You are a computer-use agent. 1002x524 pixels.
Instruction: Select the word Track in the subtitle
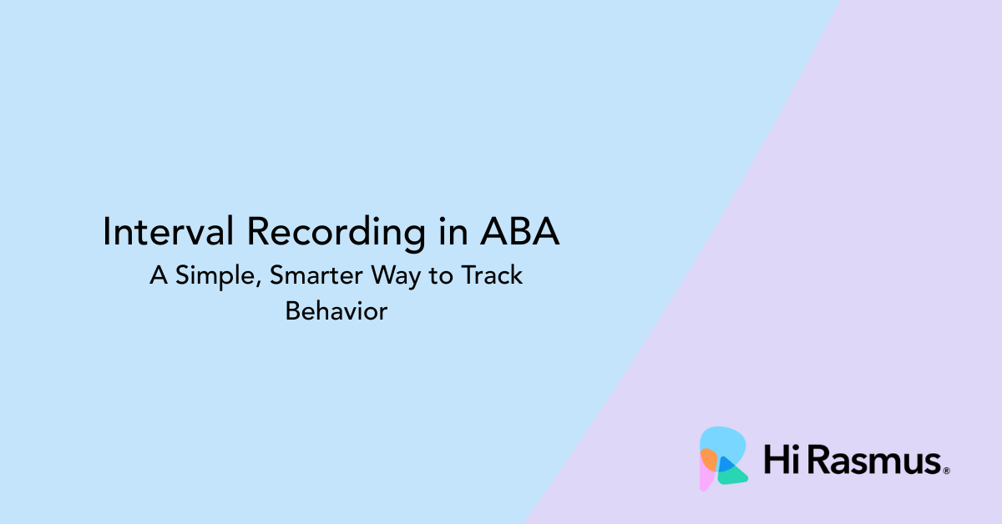[491, 275]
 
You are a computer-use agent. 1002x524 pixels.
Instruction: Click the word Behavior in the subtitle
[337, 311]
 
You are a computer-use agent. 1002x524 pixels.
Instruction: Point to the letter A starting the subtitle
[158, 275]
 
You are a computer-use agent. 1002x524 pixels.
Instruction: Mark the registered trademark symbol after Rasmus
[946, 471]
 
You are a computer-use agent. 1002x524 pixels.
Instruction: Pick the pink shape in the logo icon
[706, 479]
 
